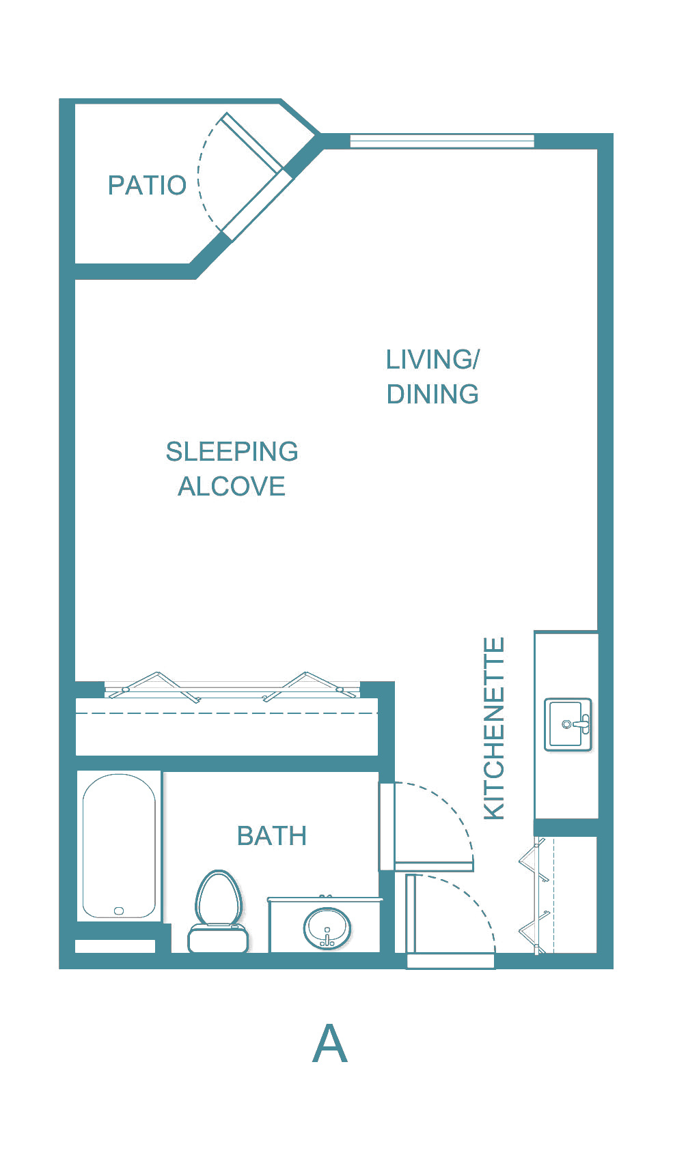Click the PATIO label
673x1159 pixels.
click(147, 185)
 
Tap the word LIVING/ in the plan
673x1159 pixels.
click(432, 359)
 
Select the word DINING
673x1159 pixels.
click(432, 394)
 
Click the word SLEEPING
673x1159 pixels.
click(232, 451)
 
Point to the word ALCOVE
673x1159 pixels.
click(232, 486)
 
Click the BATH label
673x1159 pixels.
click(271, 835)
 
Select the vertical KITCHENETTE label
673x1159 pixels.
click(494, 728)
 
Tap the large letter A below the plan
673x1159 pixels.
click(329, 1044)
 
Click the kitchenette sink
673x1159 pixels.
click(568, 724)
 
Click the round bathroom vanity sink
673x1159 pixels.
click(327, 928)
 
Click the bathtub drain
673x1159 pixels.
click(119, 911)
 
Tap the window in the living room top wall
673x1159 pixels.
click(441, 141)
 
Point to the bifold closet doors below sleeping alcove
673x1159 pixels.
click(232, 687)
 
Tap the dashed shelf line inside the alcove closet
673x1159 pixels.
click(225, 713)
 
